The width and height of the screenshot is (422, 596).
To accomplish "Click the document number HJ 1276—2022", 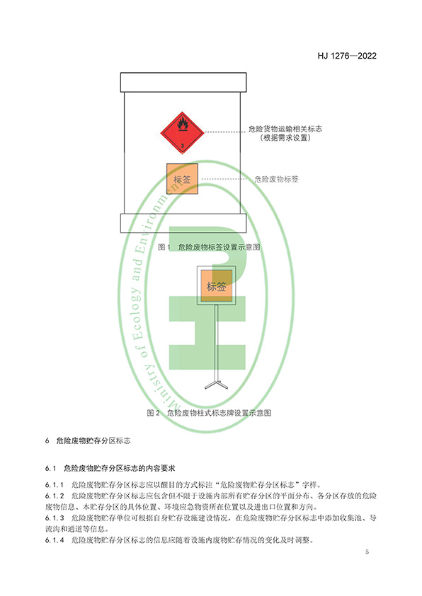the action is coord(347,56).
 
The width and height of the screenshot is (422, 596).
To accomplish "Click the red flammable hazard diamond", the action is coord(182,133).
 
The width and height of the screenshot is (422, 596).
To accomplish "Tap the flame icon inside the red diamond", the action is coord(183,124).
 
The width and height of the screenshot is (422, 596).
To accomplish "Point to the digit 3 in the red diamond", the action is coord(182,146).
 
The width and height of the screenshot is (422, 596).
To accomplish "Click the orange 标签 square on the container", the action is coord(182,179).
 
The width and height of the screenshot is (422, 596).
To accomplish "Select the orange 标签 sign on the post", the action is coord(216,286).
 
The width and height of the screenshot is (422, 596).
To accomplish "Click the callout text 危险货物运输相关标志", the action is coord(285,129).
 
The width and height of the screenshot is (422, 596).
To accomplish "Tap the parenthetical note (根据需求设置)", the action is coord(285,138).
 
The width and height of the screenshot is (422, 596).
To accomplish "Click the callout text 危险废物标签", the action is coord(276,180).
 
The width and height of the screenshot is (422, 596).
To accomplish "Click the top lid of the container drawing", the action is coord(183,82).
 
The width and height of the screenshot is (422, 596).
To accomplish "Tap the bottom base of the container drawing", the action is coord(183,223).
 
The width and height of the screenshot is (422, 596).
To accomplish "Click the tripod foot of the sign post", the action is coord(216,385).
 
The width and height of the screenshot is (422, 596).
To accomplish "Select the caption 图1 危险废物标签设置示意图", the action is coord(209,247).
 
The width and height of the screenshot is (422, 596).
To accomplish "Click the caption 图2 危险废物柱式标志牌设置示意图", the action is coord(209,413).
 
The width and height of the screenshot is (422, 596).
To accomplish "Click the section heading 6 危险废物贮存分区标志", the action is coord(88,440).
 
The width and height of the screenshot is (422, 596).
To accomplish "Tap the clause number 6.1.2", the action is coord(55,496).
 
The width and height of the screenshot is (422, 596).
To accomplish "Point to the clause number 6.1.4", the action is coord(55,539).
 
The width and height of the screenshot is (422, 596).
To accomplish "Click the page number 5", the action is coord(367,551).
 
